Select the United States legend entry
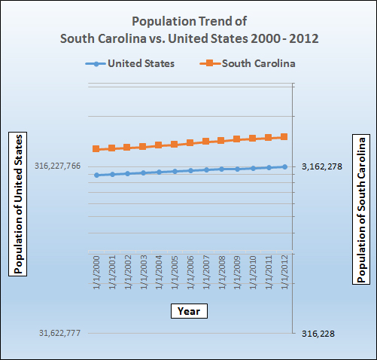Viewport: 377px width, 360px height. point(132,63)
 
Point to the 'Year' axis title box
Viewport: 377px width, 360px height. point(188,310)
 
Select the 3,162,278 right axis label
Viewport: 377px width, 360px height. point(322,166)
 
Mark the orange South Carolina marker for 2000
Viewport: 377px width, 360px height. point(96,149)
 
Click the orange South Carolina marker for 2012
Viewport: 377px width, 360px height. point(284,137)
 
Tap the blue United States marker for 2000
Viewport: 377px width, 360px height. point(96,175)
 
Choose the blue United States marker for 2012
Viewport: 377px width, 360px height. point(284,166)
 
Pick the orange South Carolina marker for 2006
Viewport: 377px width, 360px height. point(190,143)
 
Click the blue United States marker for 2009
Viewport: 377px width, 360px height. point(237,169)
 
